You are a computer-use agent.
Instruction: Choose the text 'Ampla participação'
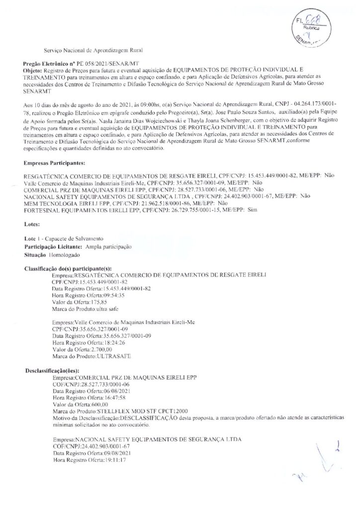[108, 247]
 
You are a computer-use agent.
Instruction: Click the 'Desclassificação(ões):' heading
[52, 371]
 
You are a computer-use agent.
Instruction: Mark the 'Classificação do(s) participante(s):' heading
[69, 268]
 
